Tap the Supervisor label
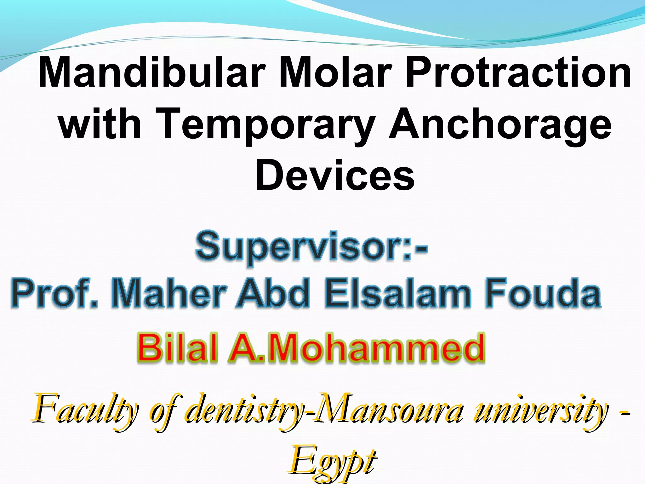coord(311,247)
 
